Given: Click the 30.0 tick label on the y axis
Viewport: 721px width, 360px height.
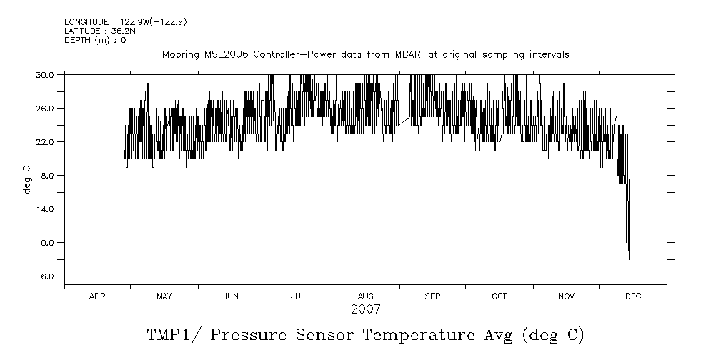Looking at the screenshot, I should coord(45,74).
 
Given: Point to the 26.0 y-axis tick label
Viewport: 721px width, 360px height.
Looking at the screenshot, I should coord(45,108).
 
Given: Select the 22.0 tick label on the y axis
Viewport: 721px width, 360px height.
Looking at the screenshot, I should coord(45,141).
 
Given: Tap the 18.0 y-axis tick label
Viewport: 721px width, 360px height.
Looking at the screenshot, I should coord(45,175).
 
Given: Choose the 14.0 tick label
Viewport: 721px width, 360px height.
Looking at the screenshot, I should coord(45,209).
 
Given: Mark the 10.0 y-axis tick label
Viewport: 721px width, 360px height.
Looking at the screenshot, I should coord(45,242).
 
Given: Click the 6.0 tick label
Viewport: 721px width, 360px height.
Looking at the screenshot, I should coord(47,276).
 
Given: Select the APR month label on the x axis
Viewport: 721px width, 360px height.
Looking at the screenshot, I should coord(97,296).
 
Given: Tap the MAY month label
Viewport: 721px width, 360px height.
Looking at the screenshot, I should coord(164,296).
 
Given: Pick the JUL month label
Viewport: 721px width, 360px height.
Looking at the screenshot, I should coord(297,296).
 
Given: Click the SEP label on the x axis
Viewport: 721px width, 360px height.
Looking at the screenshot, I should coord(432,296).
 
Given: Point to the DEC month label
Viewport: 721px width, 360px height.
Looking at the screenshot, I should coord(632,296).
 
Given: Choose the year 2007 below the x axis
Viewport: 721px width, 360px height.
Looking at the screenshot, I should coord(365,309).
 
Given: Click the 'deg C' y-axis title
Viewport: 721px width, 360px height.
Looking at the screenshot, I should coord(27,179).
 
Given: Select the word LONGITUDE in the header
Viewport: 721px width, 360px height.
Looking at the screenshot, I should coord(86,21).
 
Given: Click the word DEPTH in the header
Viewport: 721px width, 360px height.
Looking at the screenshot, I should coord(77,40).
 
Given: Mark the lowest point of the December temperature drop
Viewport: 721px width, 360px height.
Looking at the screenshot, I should coord(629,259).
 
